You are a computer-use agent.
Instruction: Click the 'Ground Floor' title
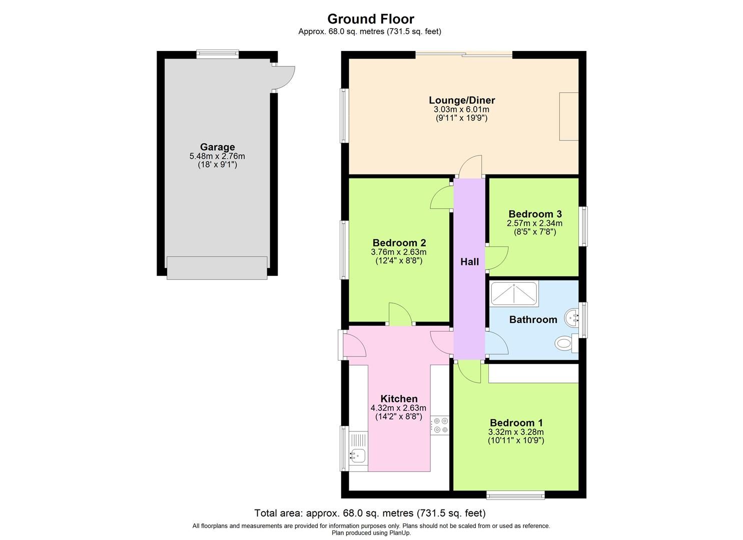coord(371,19)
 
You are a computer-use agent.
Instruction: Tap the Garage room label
coord(217,147)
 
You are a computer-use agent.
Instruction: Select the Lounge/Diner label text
coord(462,100)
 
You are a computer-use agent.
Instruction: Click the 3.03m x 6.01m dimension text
coord(461,109)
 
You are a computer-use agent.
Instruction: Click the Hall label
coord(469,261)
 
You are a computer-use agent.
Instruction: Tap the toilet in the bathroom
coord(564,343)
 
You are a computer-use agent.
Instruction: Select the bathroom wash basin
coord(571,317)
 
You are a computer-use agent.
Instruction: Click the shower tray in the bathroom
coord(514,293)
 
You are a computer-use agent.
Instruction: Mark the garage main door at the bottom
coord(217,267)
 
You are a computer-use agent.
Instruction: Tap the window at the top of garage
coord(217,54)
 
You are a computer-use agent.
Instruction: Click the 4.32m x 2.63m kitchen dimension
coord(398,408)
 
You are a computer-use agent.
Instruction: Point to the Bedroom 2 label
coord(399,243)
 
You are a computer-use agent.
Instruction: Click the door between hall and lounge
coord(470,166)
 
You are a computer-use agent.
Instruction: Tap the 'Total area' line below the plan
coord(370,513)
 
